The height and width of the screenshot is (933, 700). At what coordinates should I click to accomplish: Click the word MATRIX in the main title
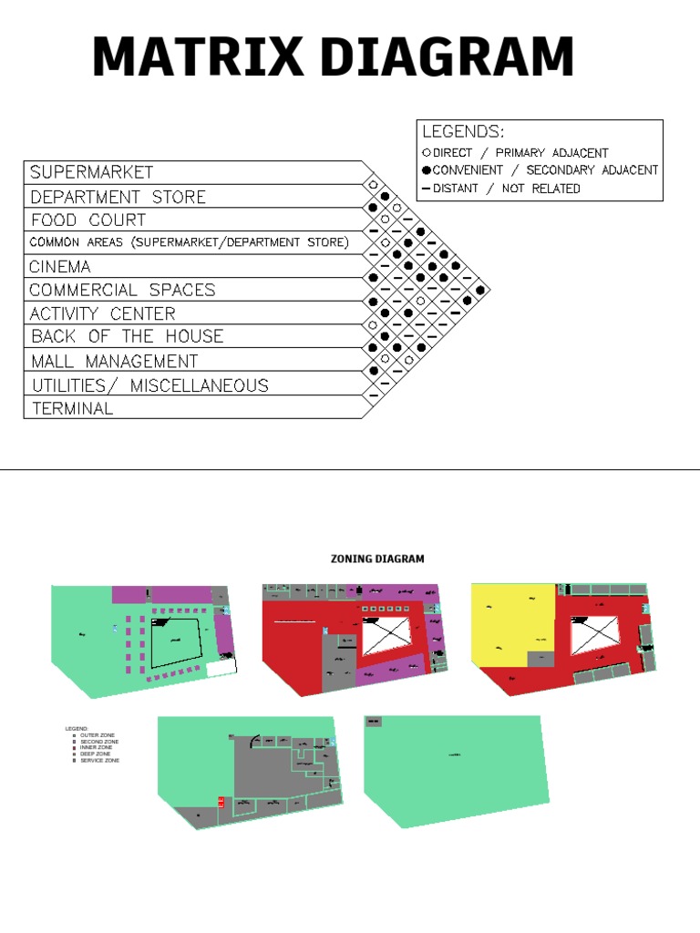tap(198, 57)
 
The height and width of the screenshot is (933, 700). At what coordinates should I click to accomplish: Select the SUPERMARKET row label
tap(91, 172)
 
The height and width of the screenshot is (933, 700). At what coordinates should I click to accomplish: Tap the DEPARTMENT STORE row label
tap(118, 197)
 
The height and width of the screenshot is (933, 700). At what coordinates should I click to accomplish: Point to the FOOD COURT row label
tap(87, 220)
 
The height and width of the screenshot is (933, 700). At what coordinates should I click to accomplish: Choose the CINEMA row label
tap(60, 267)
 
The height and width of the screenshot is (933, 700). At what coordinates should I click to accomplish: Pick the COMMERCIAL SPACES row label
tap(122, 291)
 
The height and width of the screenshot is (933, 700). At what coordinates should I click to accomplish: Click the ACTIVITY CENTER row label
tap(102, 313)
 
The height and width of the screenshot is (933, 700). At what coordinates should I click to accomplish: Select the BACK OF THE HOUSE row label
tap(126, 336)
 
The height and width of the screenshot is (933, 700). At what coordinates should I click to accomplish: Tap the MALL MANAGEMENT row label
tap(114, 361)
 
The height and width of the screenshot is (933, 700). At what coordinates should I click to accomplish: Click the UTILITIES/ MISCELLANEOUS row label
tap(149, 385)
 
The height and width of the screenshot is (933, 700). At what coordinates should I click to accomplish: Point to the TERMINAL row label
tap(72, 409)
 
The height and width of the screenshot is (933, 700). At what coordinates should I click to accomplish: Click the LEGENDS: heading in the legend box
tap(463, 132)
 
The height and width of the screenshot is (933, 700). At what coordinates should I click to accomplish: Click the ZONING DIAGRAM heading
tap(376, 559)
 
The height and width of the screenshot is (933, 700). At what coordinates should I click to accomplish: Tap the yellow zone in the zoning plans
tap(510, 624)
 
